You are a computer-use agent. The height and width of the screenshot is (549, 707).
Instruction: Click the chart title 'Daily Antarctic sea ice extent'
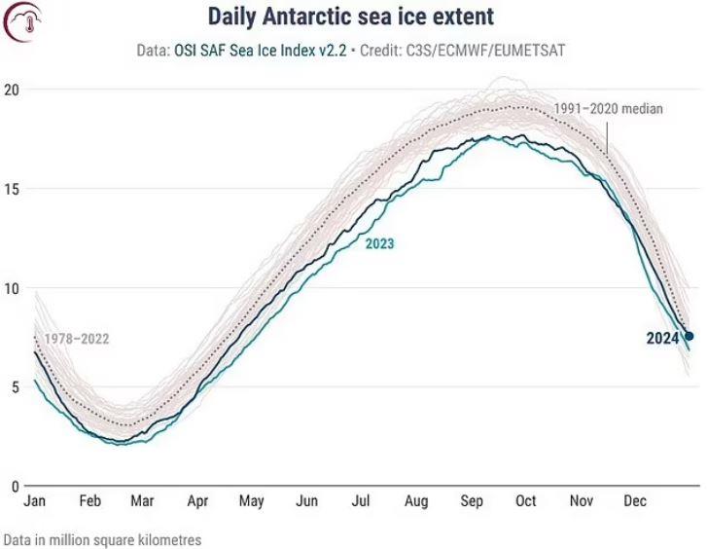[350, 18]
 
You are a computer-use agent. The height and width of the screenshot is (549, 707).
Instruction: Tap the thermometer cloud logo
[22, 21]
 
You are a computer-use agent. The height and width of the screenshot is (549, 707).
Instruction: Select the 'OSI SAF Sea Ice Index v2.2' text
[261, 50]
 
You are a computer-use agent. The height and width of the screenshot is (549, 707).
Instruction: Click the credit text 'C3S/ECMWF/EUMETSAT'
[485, 50]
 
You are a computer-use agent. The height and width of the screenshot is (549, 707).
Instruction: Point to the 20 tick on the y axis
[12, 90]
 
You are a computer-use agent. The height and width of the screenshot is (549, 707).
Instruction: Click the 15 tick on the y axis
[12, 189]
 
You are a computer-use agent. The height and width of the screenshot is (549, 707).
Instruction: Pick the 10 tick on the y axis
[12, 288]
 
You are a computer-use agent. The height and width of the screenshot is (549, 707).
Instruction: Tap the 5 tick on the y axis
[16, 387]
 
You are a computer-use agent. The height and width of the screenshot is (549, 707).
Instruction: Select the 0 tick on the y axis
[16, 487]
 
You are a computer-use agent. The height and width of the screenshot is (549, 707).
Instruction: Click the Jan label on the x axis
[35, 500]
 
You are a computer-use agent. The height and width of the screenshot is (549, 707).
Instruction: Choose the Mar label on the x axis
[143, 500]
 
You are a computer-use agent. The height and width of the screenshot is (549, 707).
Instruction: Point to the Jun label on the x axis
[306, 500]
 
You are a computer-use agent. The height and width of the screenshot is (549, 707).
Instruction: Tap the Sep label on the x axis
[472, 500]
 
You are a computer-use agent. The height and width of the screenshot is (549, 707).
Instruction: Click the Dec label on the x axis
[635, 500]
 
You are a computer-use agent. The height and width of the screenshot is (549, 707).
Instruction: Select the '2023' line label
[379, 243]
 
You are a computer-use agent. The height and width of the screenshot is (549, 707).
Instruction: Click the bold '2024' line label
[662, 338]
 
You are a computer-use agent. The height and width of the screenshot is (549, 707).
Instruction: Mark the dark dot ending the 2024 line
[689, 336]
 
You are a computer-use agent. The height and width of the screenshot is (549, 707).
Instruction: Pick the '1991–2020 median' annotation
[608, 109]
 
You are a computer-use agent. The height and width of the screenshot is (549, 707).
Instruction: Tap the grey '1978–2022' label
[77, 339]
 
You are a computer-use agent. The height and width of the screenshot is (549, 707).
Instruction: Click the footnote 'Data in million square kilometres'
[102, 540]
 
